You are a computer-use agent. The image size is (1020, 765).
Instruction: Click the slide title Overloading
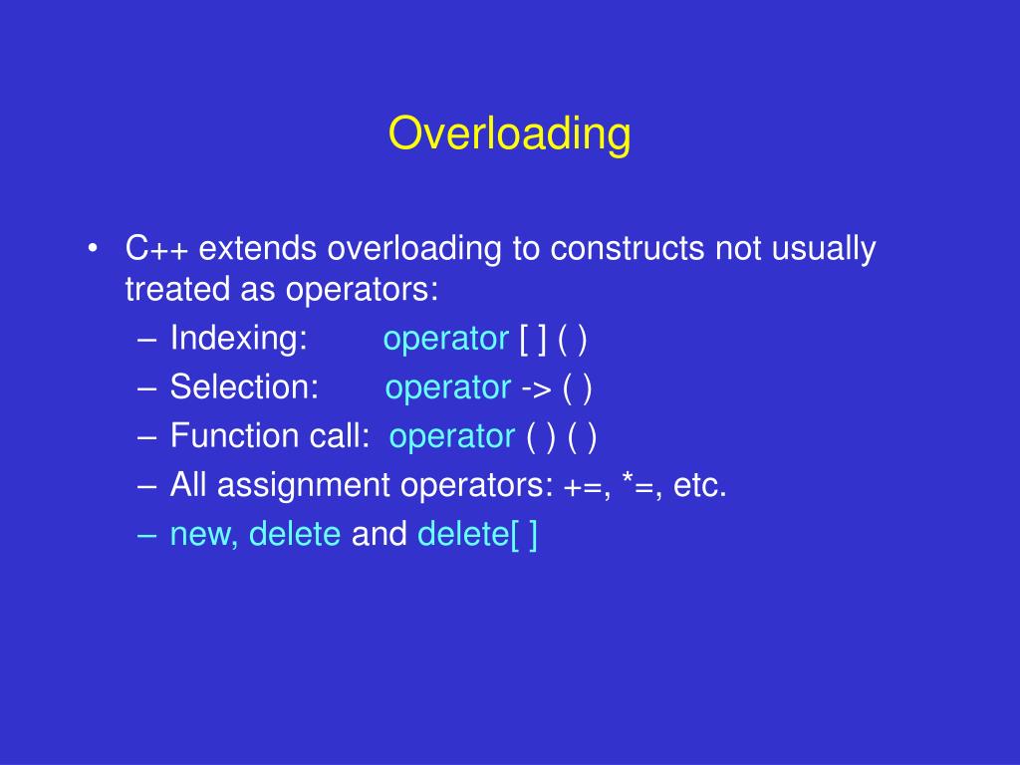tap(509, 134)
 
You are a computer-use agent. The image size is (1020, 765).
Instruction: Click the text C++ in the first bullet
tap(157, 249)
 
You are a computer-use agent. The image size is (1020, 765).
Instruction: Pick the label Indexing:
tap(239, 340)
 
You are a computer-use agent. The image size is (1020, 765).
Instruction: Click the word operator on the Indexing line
tap(445, 340)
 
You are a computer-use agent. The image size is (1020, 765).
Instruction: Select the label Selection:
tap(244, 387)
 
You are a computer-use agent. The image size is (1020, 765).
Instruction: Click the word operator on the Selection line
tap(448, 387)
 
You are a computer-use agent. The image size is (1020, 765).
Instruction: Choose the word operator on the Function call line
tap(452, 436)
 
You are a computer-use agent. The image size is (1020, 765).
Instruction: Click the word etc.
tap(700, 486)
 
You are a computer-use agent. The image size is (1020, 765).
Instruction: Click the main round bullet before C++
tap(93, 249)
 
